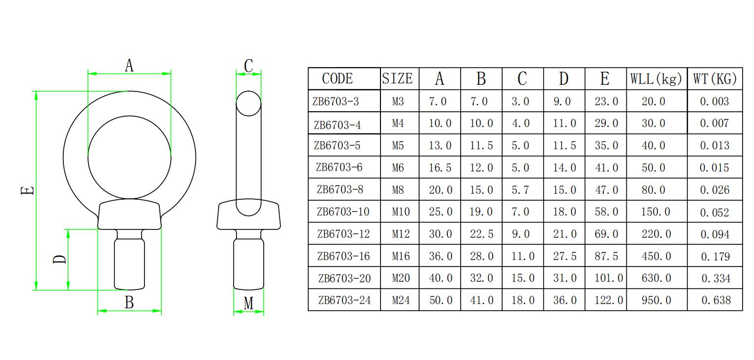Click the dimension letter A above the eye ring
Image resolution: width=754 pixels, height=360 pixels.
[x=129, y=65]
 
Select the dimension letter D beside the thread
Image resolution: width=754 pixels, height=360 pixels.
[x=59, y=259]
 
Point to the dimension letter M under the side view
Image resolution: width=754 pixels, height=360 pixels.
[x=248, y=303]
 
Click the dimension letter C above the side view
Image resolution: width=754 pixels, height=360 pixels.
[x=248, y=65]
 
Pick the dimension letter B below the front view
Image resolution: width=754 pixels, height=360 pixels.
[x=129, y=303]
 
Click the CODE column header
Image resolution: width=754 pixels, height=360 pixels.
[x=337, y=79]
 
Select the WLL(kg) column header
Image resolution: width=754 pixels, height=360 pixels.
[x=656, y=79]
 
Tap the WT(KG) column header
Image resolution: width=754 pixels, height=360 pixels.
[x=715, y=79]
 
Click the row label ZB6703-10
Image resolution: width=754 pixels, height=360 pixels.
[x=343, y=212]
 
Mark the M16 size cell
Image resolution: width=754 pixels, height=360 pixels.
[x=401, y=256]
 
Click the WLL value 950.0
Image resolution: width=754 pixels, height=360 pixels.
[x=656, y=300]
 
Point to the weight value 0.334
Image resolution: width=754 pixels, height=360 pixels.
[x=715, y=278]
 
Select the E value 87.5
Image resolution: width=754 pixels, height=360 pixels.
[x=606, y=256]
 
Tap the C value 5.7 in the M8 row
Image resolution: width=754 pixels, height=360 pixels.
[x=520, y=190]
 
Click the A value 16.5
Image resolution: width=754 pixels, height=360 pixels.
[x=440, y=168]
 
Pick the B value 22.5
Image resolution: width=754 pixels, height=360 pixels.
[x=481, y=234]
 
